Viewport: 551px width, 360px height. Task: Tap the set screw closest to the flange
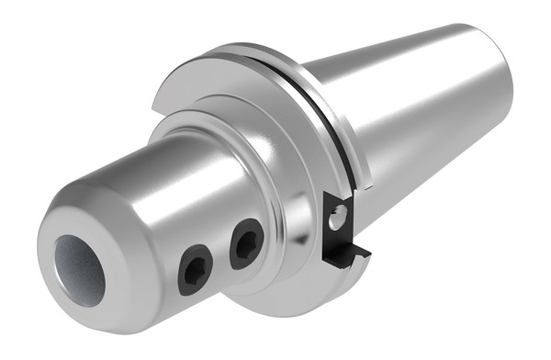tap(245, 241)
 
